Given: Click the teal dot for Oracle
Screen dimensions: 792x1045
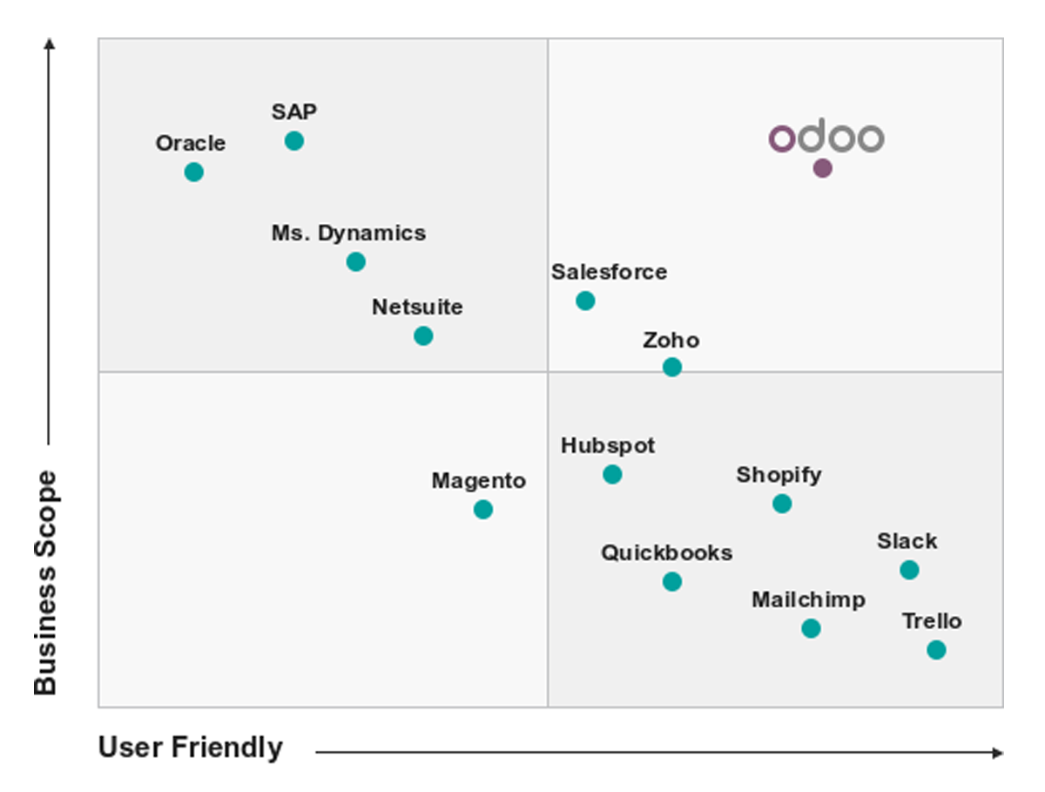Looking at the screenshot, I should [194, 173].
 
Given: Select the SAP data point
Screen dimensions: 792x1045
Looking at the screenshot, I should [294, 141].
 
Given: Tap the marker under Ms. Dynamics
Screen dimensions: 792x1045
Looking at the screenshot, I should [355, 261].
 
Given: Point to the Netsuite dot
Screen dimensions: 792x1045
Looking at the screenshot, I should [423, 335].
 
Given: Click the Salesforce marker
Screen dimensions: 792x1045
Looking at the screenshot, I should [585, 301].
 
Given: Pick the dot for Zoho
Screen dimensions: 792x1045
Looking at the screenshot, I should [671, 368].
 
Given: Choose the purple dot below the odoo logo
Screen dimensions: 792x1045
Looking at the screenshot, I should [822, 169].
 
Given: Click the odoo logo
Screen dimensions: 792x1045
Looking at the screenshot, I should [826, 138].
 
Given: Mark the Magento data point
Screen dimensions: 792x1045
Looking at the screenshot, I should [483, 510].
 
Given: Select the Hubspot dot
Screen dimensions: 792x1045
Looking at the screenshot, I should [612, 475].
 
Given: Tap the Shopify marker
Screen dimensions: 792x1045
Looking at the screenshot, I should [782, 504].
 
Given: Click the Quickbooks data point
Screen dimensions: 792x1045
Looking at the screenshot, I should [671, 581].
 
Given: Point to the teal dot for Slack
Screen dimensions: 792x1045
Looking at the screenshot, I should [909, 570].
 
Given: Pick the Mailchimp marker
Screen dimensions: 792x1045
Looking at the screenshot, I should [811, 628].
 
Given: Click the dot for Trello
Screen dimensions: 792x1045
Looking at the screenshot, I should [936, 650].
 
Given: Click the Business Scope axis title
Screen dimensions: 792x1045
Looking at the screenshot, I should [45, 583].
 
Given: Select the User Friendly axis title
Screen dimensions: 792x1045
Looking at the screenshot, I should [191, 748].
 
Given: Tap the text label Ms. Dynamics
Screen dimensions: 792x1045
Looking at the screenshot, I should [348, 234].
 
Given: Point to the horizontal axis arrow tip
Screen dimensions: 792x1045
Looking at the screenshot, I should [999, 753].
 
